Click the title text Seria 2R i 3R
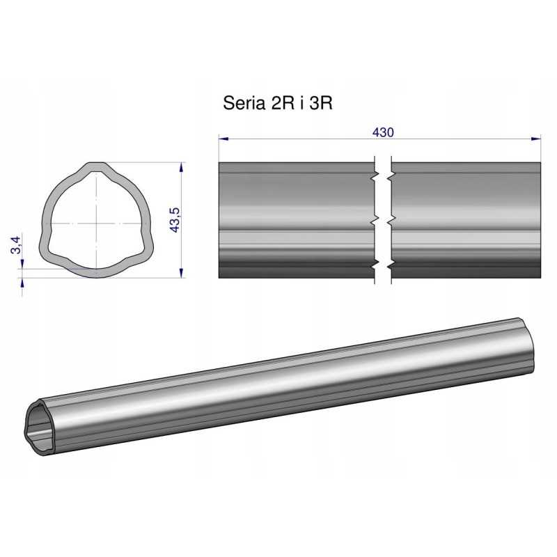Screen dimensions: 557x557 [x=278, y=103]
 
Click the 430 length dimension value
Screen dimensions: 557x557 [x=383, y=132]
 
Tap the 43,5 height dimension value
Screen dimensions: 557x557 [x=175, y=220]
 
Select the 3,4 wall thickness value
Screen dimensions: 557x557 [x=16, y=244]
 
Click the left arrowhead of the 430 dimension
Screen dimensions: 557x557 [x=223, y=139]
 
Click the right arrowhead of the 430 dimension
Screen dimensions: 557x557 [x=535, y=139]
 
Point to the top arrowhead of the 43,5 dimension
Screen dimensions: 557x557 [x=182, y=167]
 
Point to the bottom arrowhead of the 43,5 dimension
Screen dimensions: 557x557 [x=182, y=273]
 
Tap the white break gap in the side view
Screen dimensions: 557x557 [x=382, y=220]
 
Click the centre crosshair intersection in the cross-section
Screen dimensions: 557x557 [x=96, y=223]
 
